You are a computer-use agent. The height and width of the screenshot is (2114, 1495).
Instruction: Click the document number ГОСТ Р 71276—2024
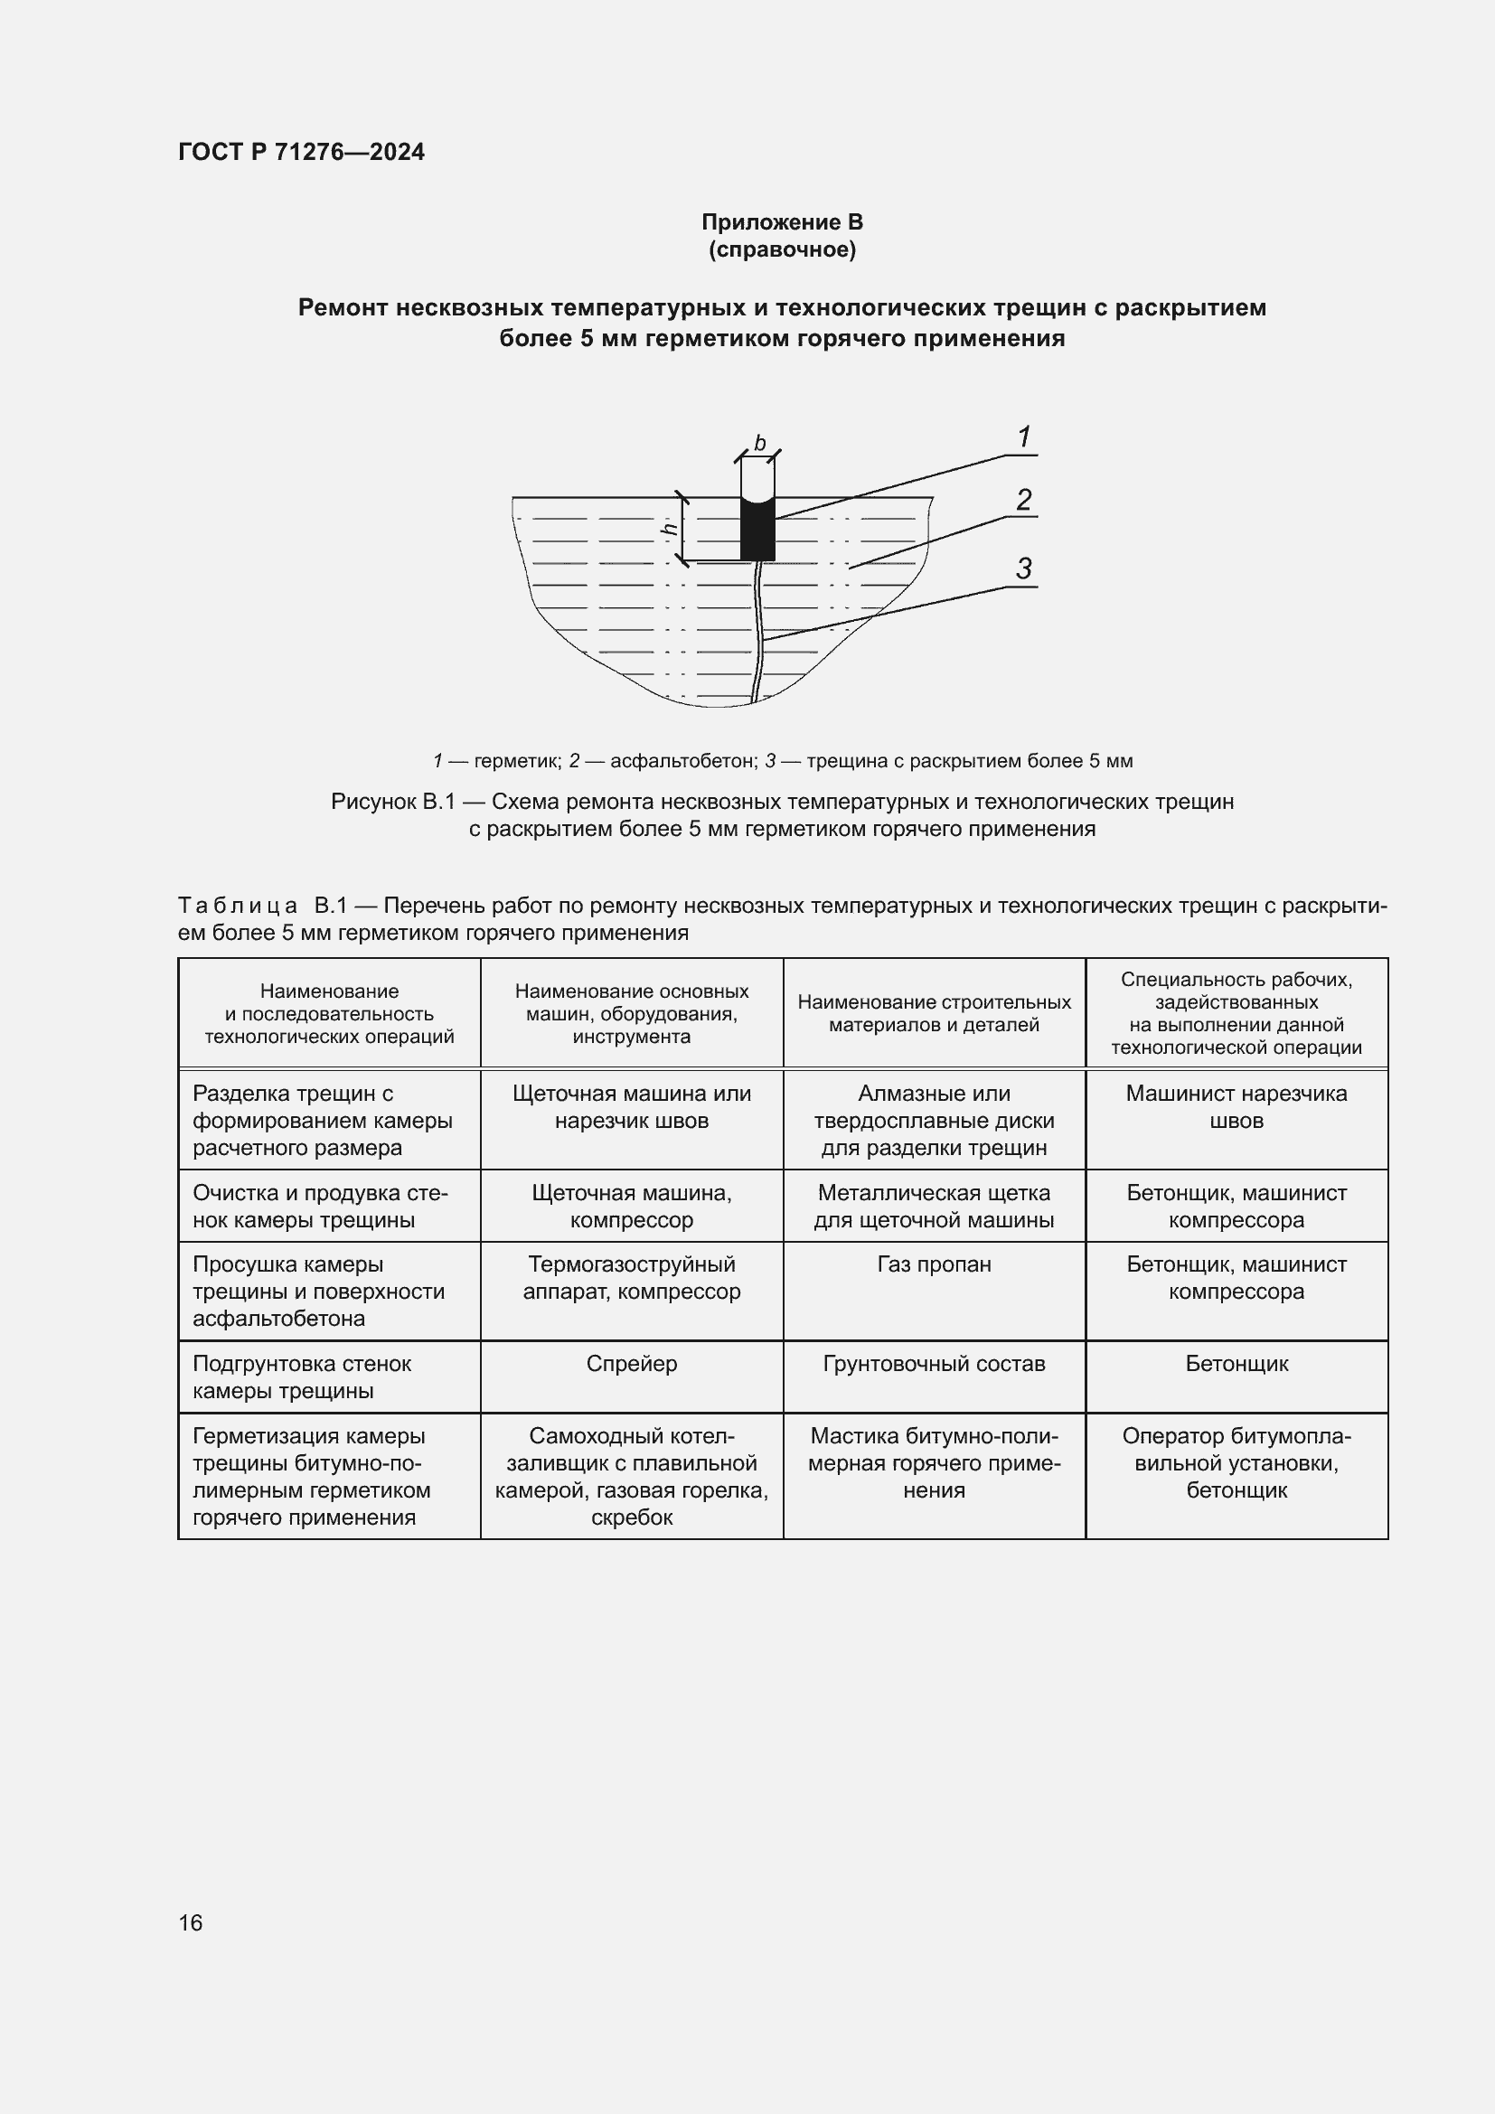pyautogui.click(x=301, y=152)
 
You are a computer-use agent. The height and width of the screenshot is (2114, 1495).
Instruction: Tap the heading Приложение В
pyautogui.click(x=782, y=222)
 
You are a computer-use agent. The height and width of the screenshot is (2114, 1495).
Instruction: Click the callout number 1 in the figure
pyautogui.click(x=1024, y=437)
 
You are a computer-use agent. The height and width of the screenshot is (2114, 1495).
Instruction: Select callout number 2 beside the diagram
pyautogui.click(x=1024, y=500)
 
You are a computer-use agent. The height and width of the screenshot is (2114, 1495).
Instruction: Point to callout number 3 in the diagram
pyautogui.click(x=1024, y=569)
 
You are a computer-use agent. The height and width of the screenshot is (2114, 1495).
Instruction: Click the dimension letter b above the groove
pyautogui.click(x=759, y=444)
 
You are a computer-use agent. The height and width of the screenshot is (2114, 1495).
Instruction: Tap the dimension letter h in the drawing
pyautogui.click(x=670, y=529)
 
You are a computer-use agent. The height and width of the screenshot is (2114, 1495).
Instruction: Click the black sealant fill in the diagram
pyautogui.click(x=757, y=531)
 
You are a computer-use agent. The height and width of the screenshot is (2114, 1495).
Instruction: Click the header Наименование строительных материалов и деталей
pyautogui.click(x=934, y=1013)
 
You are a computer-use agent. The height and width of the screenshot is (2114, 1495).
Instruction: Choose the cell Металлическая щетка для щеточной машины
pyautogui.click(x=934, y=1207)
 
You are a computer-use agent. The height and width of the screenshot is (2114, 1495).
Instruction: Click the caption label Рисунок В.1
pyautogui.click(x=393, y=802)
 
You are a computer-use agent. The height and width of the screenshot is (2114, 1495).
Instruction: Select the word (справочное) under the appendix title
pyautogui.click(x=782, y=249)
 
